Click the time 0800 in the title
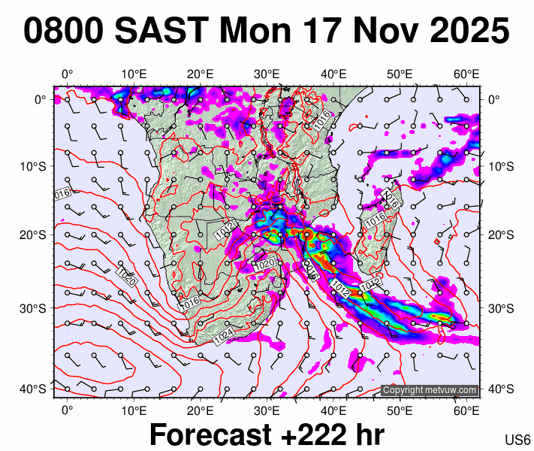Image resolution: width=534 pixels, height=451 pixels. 63,32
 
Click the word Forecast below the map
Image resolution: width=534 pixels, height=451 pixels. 208,434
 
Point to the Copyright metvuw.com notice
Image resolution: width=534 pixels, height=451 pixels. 429,390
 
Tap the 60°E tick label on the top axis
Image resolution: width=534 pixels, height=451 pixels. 467,74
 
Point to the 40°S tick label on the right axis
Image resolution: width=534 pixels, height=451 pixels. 502,389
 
